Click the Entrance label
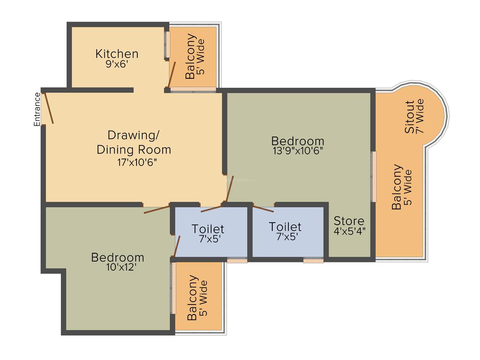tap(37, 109)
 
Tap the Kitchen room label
tap(117, 54)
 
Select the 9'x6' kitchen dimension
tap(117, 64)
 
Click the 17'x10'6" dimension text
tap(137, 162)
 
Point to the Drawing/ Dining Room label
tap(134, 142)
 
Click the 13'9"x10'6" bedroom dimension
tap(298, 151)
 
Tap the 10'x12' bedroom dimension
tap(121, 267)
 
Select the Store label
tap(349, 221)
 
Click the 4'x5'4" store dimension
tap(350, 231)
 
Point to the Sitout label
tap(410, 117)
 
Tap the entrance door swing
tap(49, 108)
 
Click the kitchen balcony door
tap(172, 75)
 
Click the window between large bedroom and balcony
tap(374, 177)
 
